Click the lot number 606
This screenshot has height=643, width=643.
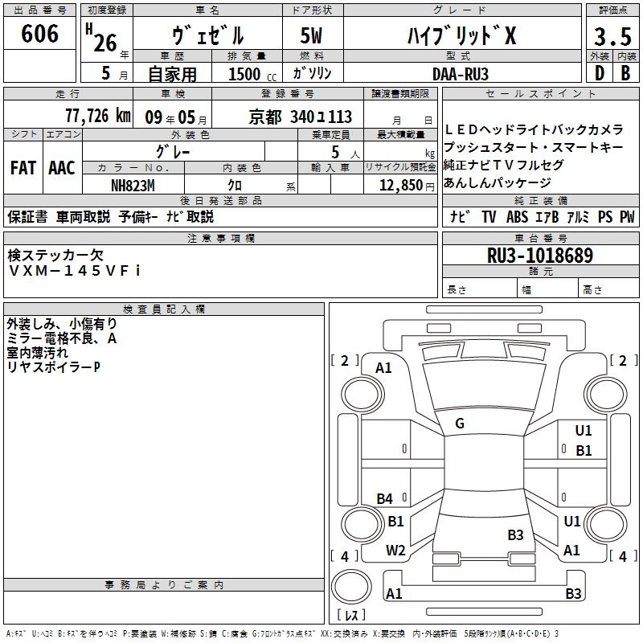click(x=39, y=34)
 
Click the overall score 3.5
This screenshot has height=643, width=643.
click(x=612, y=36)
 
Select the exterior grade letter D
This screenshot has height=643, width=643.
click(x=600, y=73)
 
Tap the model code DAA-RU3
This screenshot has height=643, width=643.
click(x=461, y=74)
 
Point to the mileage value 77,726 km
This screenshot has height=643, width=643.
click(x=98, y=116)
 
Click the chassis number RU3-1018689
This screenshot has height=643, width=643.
click(x=540, y=256)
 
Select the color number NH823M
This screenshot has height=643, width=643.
click(x=133, y=186)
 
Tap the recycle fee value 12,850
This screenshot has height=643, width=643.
click(x=401, y=186)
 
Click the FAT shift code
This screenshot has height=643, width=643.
click(x=23, y=168)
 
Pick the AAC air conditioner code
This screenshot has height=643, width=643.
click(x=62, y=168)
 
